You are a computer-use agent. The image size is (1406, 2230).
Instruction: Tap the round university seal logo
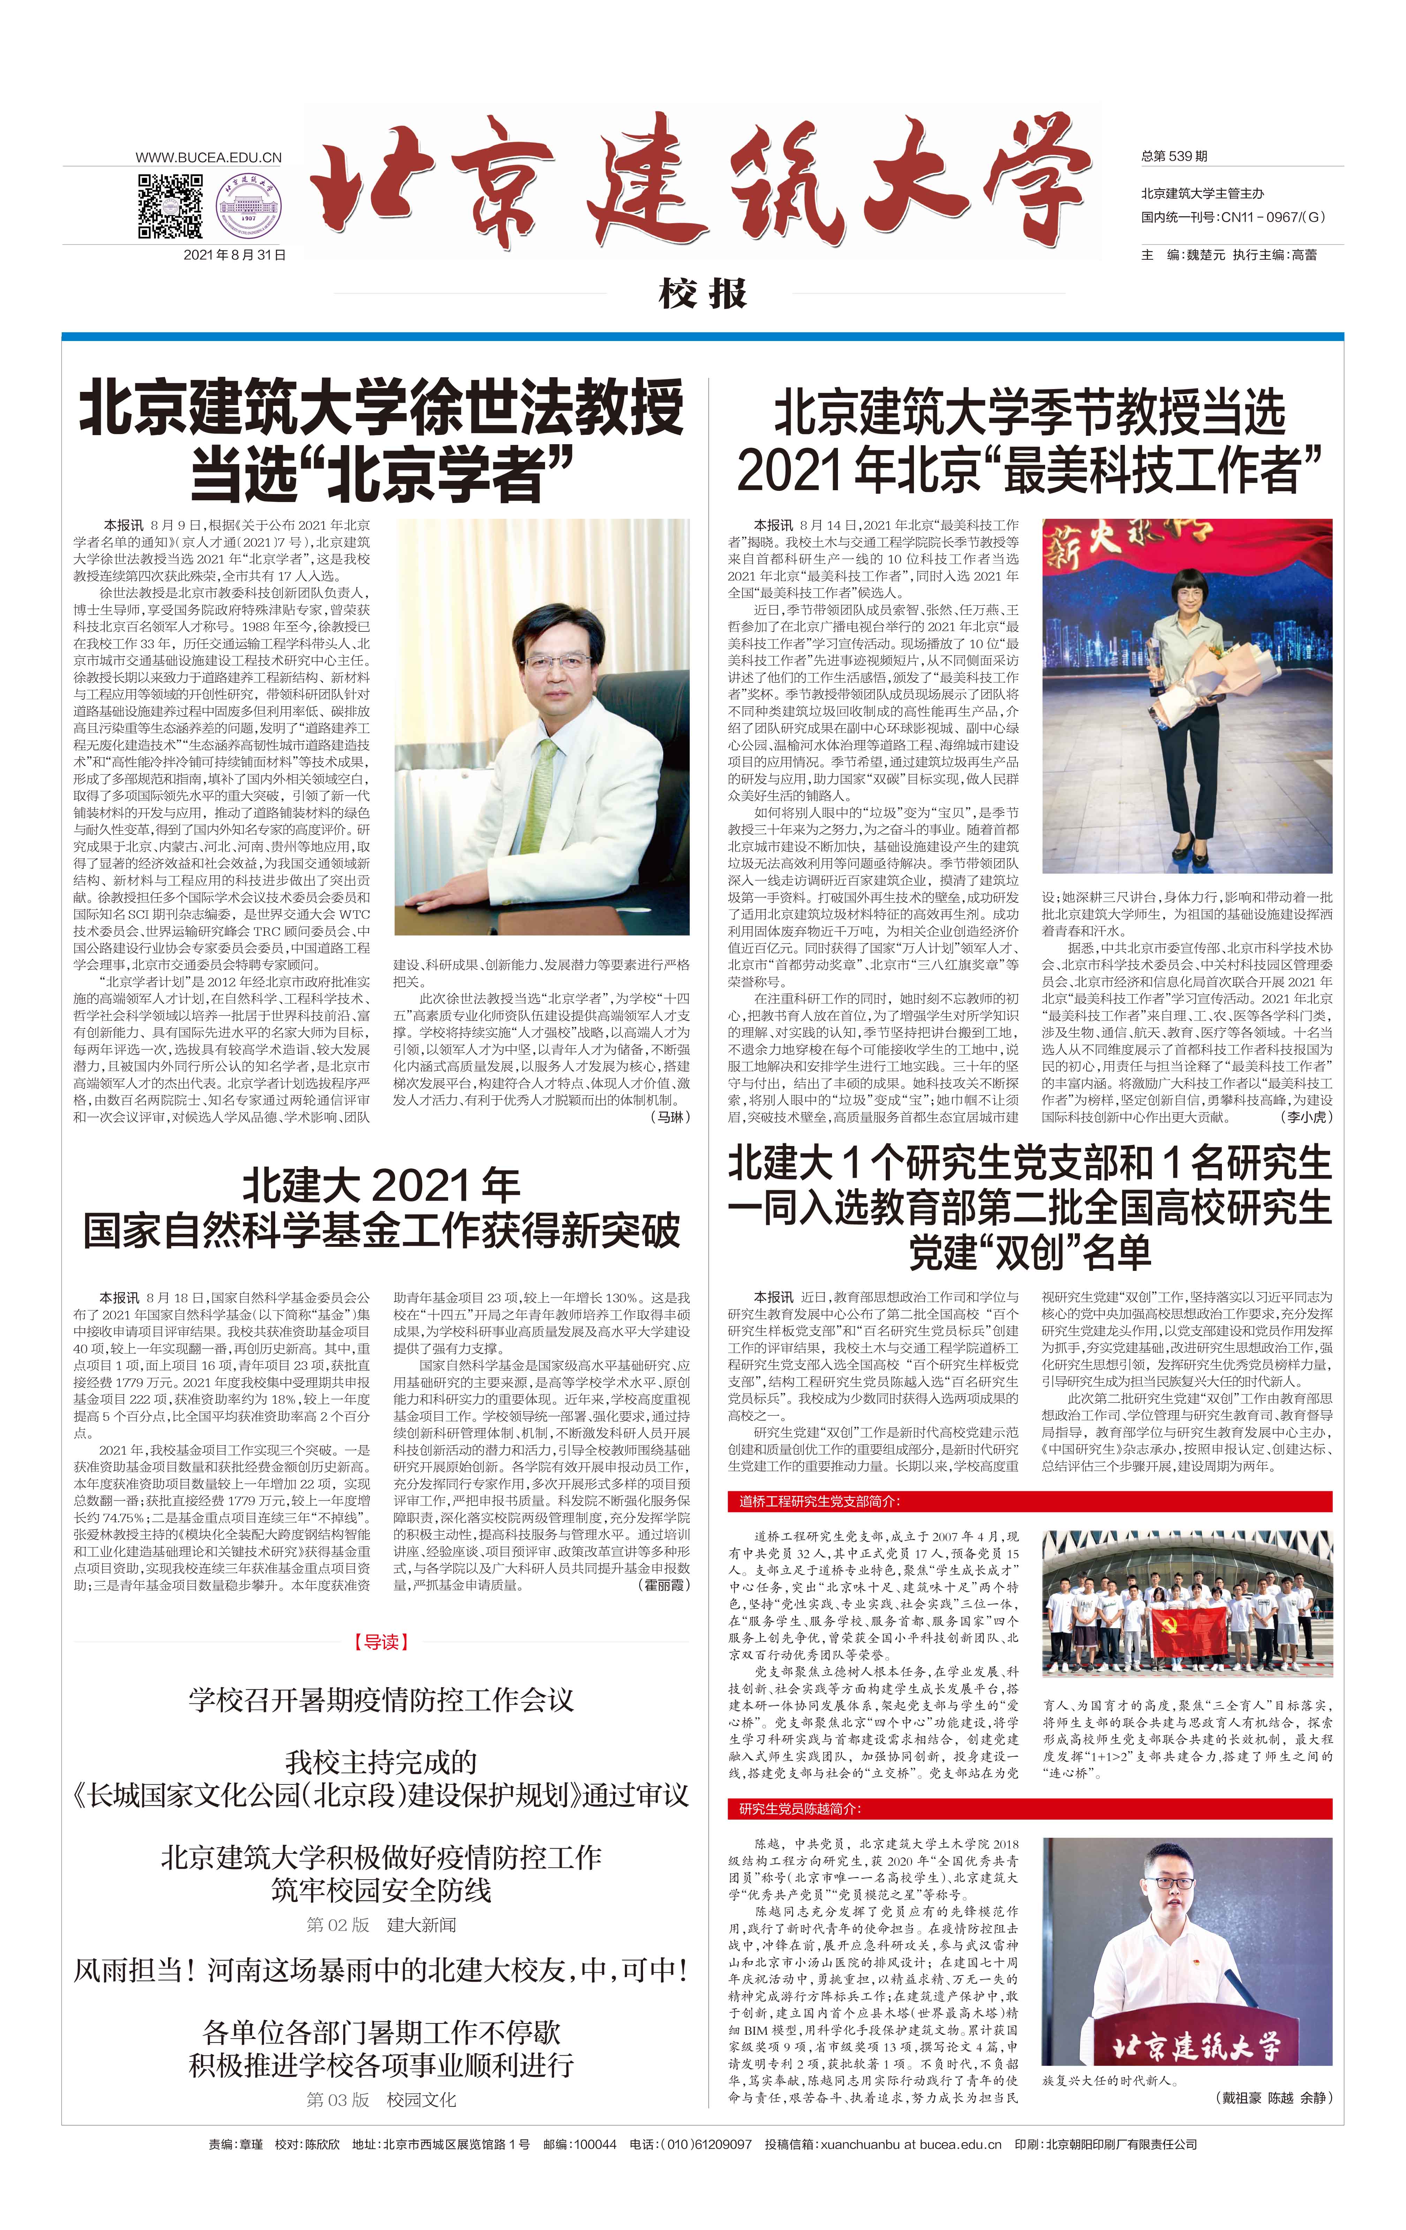click(248, 206)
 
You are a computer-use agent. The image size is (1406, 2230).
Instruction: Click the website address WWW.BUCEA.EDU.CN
click(209, 158)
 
